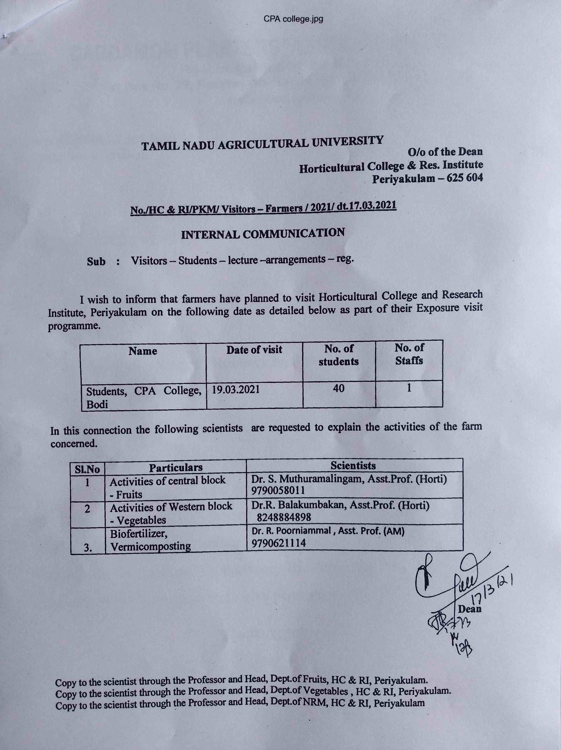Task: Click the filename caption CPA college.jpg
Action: click(x=293, y=19)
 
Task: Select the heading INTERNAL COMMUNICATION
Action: click(x=263, y=234)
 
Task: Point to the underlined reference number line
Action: click(x=263, y=208)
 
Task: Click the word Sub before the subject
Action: click(x=96, y=262)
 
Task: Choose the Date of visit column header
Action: click(x=254, y=350)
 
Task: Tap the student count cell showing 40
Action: click(x=339, y=388)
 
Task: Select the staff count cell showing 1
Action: click(x=408, y=387)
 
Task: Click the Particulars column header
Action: click(x=176, y=467)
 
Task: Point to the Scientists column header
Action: click(x=353, y=465)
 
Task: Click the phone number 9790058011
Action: click(x=278, y=490)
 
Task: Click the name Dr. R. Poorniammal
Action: click(x=291, y=532)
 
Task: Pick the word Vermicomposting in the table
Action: click(x=151, y=546)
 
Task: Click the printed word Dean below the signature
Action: click(x=469, y=609)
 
